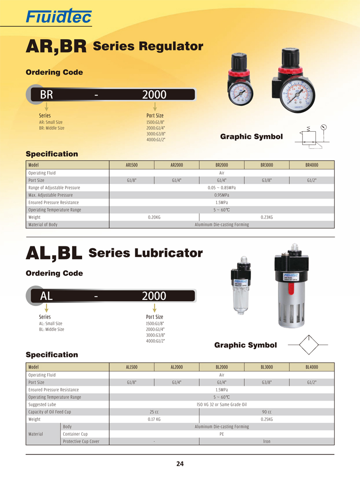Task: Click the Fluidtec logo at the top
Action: [x=59, y=18]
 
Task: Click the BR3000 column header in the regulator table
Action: [x=266, y=165]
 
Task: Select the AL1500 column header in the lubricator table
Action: [x=132, y=367]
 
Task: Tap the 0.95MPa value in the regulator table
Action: [x=221, y=195]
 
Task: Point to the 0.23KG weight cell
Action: [x=266, y=217]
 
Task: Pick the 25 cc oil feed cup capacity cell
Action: [x=154, y=412]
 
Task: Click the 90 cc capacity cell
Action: [x=266, y=412]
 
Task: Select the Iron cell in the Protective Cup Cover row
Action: [x=266, y=441]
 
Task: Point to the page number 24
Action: [x=180, y=464]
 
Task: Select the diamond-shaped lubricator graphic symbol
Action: [x=307, y=344]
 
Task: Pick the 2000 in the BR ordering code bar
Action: [x=154, y=95]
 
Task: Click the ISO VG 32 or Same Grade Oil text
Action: [x=221, y=404]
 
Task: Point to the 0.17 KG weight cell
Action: [x=154, y=419]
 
